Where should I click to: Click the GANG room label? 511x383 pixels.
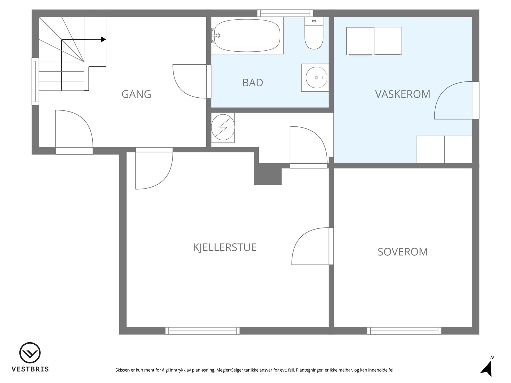[x=136, y=94]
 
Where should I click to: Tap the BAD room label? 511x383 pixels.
[x=253, y=83]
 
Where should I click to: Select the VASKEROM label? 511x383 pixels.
[x=402, y=94]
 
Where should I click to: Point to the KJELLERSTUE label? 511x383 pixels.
[x=225, y=247]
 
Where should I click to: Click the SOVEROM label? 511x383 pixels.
[x=402, y=252]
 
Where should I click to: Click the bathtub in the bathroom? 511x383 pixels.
[x=247, y=36]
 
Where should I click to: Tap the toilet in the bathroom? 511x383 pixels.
[x=314, y=33]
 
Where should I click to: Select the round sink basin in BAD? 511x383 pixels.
[x=316, y=77]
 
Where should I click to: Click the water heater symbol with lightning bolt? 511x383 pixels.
[x=223, y=127]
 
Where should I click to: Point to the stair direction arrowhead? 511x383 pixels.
[x=103, y=39]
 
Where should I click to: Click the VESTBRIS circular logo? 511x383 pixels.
[x=30, y=353]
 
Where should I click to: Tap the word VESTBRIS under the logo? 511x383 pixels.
[x=30, y=369]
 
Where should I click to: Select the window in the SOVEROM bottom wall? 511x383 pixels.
[x=404, y=331]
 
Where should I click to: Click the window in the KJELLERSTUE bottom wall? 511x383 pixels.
[x=203, y=331]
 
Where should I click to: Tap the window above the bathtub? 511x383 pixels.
[x=285, y=13]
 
